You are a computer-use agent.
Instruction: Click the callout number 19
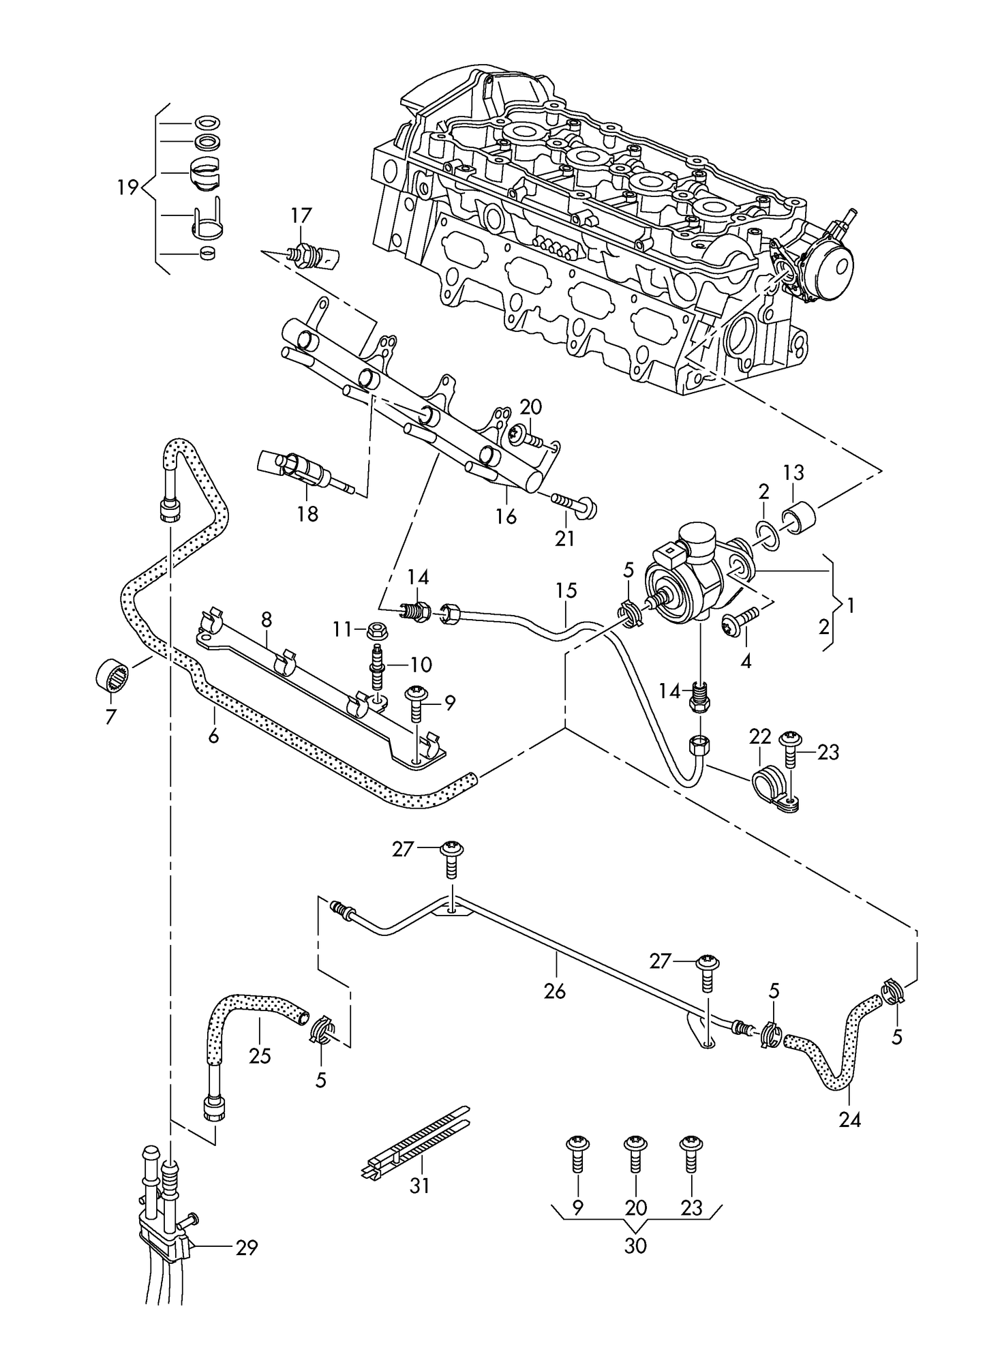coord(127,187)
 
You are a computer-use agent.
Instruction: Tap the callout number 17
coord(301,216)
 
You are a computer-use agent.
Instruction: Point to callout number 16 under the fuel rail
coord(506,516)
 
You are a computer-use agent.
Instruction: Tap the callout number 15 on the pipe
coord(566,590)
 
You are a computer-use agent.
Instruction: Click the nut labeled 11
coord(378,631)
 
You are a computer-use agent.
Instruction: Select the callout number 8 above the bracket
coord(266,619)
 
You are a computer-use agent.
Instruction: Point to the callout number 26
coord(556,991)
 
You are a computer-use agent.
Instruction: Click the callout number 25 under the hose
coord(260,1056)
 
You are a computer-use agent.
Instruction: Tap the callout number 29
coord(247,1248)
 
